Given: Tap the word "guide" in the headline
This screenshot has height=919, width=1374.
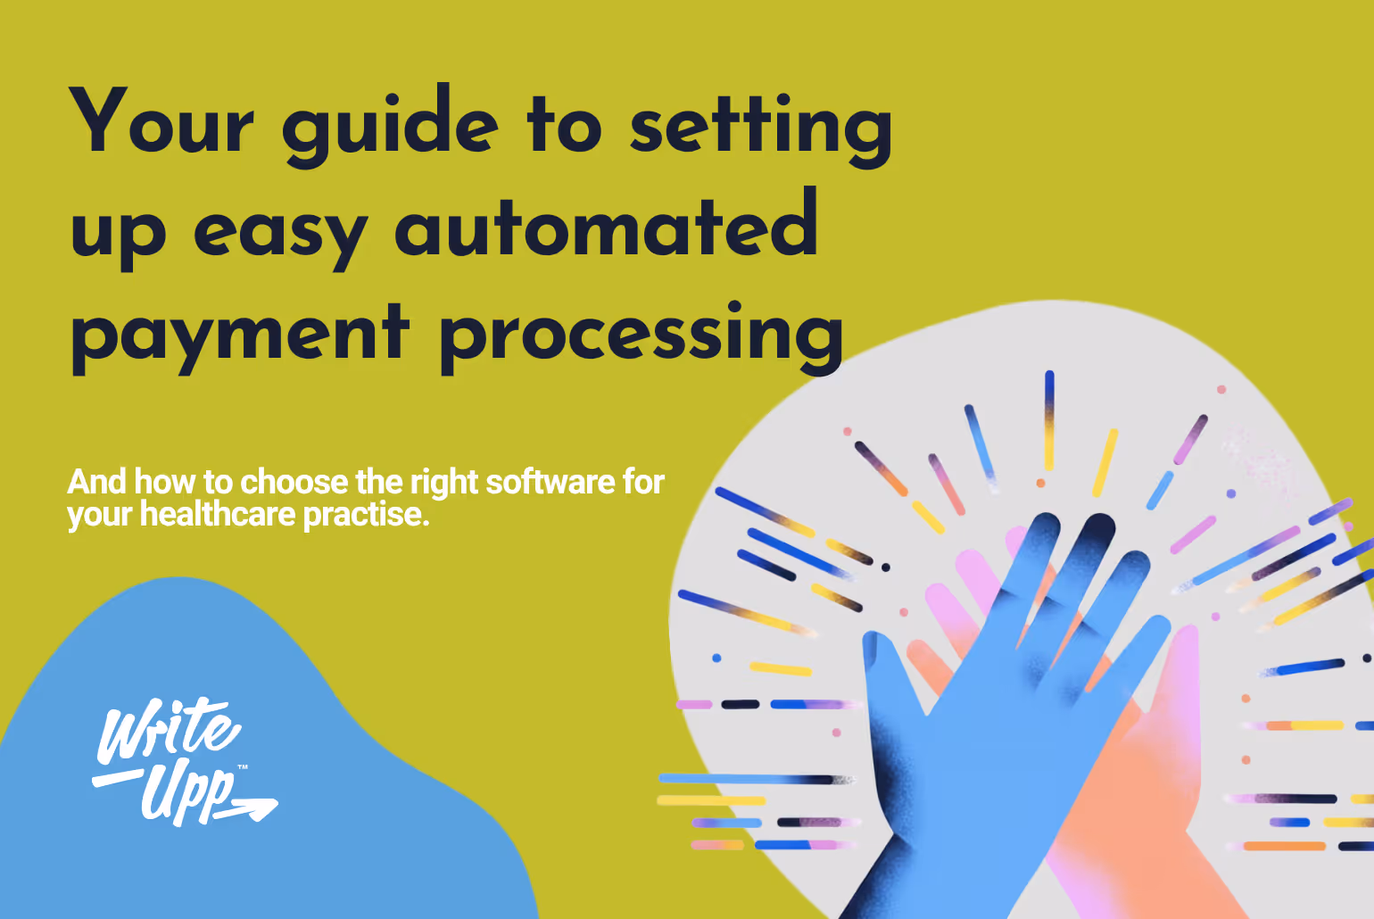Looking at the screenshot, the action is [390, 127].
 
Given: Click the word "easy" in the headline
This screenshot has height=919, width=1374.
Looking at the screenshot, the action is [280, 234].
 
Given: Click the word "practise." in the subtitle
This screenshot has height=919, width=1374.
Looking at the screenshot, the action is [366, 515].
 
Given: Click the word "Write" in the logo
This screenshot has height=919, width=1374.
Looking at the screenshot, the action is [167, 730].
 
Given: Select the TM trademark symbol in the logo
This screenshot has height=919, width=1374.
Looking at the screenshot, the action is [243, 767].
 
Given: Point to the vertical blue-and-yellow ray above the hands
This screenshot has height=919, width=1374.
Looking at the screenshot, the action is [1049, 419].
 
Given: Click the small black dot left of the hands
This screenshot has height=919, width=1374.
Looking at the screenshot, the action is [885, 567].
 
